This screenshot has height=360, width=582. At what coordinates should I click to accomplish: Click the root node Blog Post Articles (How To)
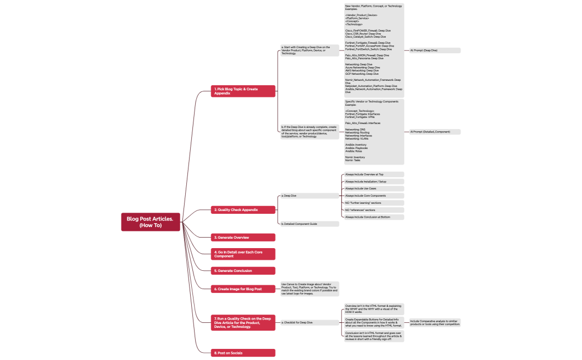150,222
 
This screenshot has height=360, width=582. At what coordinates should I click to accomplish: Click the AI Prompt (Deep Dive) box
435,50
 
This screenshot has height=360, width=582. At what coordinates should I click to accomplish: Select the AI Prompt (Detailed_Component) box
435,132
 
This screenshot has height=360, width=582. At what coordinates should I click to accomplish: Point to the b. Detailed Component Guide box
309,224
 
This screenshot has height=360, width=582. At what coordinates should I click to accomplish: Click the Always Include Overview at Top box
374,174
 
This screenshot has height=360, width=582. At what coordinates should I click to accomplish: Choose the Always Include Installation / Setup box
374,182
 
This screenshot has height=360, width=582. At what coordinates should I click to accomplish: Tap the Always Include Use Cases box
374,189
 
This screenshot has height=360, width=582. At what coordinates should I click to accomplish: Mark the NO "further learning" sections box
374,203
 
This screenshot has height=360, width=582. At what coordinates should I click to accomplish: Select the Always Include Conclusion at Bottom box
374,217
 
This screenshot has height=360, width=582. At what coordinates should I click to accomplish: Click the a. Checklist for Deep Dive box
309,322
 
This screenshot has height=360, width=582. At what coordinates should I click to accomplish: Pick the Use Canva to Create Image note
309,289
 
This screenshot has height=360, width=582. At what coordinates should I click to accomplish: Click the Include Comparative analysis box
435,322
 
